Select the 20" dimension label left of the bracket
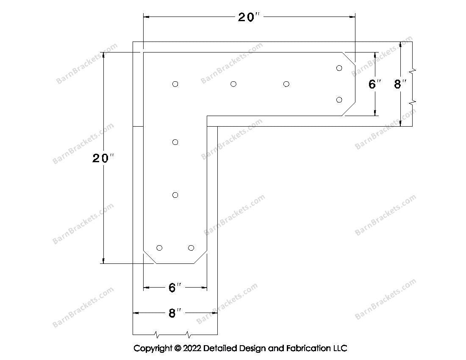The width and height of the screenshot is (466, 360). pyautogui.click(x=103, y=158)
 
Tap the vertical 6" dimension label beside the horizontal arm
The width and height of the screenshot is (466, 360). pyautogui.click(x=374, y=84)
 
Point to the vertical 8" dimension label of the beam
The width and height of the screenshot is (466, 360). pyautogui.click(x=400, y=84)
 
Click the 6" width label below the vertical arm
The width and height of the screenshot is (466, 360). pyautogui.click(x=175, y=288)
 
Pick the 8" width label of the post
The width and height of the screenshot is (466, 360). pyautogui.click(x=175, y=313)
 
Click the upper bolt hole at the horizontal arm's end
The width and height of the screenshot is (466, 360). pyautogui.click(x=339, y=68)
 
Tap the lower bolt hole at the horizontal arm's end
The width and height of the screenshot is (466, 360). pyautogui.click(x=339, y=100)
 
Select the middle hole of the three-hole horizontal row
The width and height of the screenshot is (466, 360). pyautogui.click(x=233, y=84)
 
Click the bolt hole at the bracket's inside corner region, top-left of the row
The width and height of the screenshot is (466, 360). pyautogui.click(x=175, y=84)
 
